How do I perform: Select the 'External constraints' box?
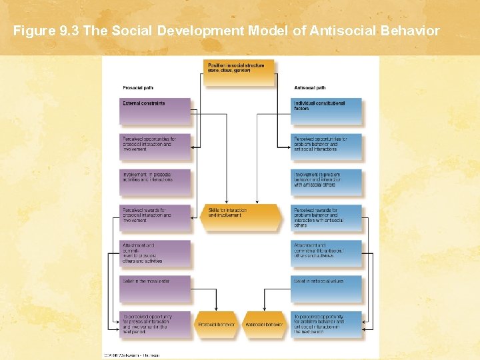click(x=155, y=111)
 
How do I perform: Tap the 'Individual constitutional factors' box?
click(x=327, y=111)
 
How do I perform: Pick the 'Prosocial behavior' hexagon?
click(x=216, y=325)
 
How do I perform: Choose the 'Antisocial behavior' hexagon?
click(x=264, y=325)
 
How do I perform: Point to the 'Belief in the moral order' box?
click(x=155, y=289)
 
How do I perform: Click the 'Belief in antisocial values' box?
click(x=327, y=289)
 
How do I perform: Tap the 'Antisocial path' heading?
click(x=310, y=88)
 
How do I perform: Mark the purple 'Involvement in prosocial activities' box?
click(x=155, y=182)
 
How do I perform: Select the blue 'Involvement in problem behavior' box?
click(x=327, y=182)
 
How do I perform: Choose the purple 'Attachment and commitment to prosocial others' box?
click(x=155, y=253)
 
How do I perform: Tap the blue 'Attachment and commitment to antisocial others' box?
click(x=327, y=253)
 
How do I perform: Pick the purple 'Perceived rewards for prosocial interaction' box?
click(x=155, y=217)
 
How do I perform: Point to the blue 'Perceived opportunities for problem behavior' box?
click(x=327, y=147)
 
